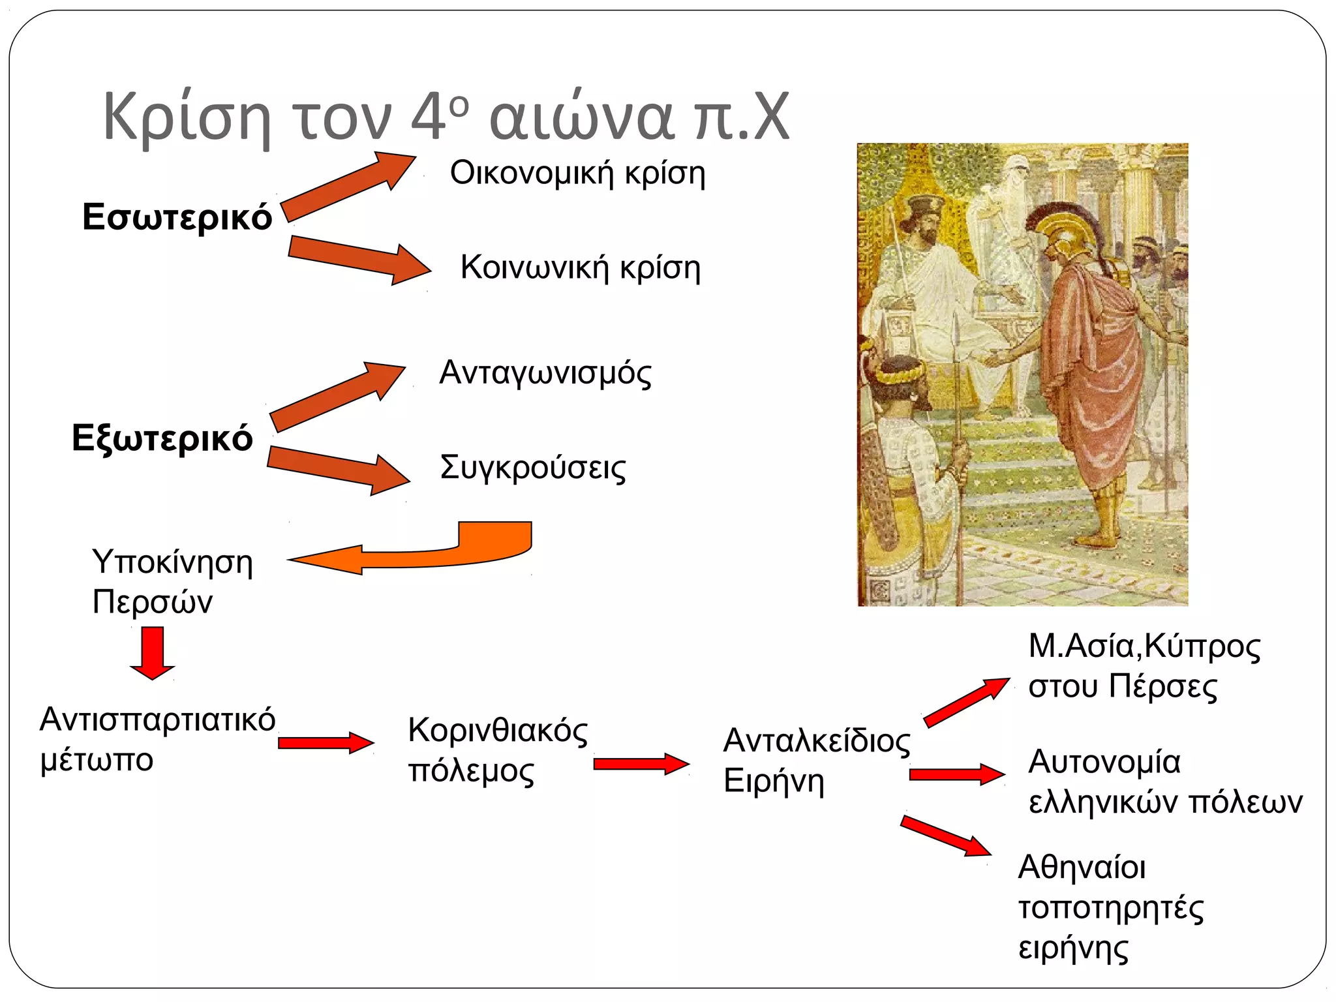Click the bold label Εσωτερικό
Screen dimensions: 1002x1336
pyautogui.click(x=177, y=217)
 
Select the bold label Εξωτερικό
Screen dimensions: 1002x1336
pyautogui.click(x=162, y=438)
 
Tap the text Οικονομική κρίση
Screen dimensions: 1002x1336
pyautogui.click(x=577, y=174)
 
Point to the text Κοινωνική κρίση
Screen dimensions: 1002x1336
pyautogui.click(x=580, y=267)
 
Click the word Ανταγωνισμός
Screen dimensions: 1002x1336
pyautogui.click(x=545, y=373)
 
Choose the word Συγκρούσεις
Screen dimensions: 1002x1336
pyautogui.click(x=532, y=467)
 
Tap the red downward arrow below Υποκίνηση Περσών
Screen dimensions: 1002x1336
pyautogui.click(x=153, y=652)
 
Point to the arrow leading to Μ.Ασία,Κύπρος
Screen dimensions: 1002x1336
pyautogui.click(x=966, y=702)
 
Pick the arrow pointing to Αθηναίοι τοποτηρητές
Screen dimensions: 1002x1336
pyautogui.click(x=946, y=836)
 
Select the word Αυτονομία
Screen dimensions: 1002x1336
pyautogui.click(x=1104, y=762)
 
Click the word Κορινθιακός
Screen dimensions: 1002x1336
pyautogui.click(x=497, y=731)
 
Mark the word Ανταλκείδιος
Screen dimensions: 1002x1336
pyautogui.click(x=816, y=741)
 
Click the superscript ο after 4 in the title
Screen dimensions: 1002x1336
pyautogui.click(x=459, y=105)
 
